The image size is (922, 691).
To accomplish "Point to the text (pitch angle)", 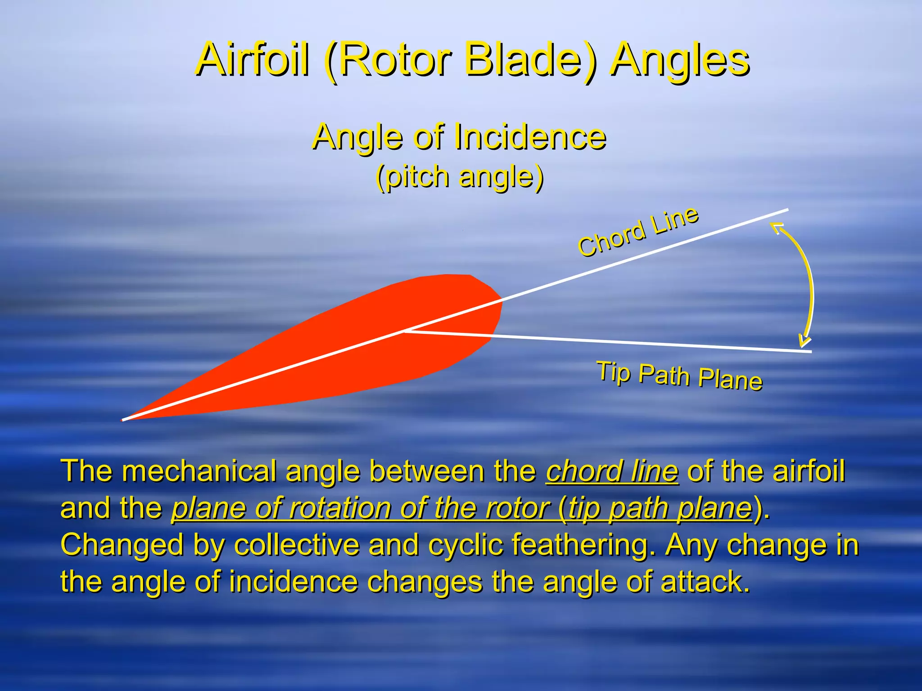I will (460, 177).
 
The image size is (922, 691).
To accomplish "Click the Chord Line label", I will (638, 232).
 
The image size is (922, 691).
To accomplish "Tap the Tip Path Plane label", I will (679, 376).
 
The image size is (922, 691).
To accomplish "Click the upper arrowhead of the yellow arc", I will (777, 227).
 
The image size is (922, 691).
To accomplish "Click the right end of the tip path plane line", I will (810, 351).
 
